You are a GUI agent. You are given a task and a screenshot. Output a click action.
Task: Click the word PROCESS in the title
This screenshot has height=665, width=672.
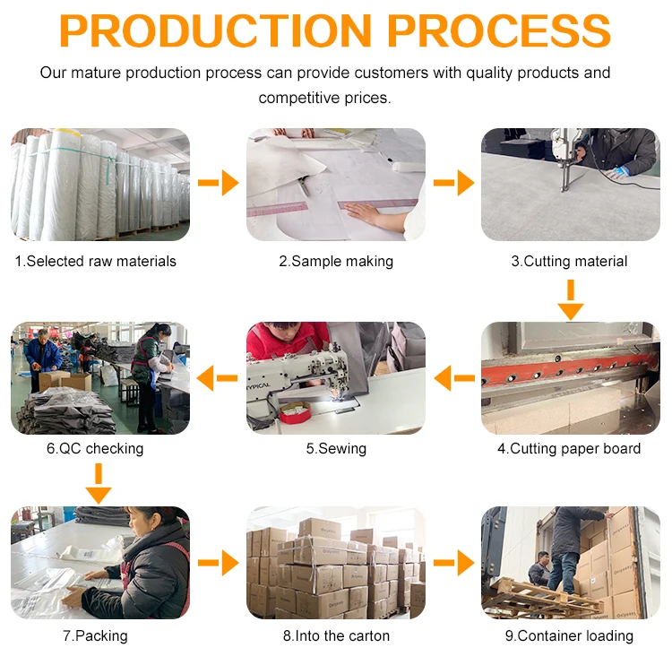(x=502, y=30)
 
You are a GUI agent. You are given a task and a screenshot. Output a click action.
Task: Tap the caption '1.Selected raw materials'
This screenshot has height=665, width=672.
(x=95, y=262)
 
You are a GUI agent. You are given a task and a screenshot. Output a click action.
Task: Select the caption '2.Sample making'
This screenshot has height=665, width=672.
(x=336, y=262)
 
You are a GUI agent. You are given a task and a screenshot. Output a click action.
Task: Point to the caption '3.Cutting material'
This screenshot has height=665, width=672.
(x=569, y=262)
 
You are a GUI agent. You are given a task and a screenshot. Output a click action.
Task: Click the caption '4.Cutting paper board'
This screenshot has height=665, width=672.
(x=569, y=448)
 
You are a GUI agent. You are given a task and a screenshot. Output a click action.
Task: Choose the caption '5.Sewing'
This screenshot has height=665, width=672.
(x=336, y=448)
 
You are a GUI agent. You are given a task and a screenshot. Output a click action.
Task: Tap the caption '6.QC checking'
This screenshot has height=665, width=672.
(x=95, y=448)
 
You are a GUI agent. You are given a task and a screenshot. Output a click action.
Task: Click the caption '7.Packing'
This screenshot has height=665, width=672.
(x=95, y=635)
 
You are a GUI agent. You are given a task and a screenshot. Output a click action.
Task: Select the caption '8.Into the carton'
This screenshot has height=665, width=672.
(x=336, y=635)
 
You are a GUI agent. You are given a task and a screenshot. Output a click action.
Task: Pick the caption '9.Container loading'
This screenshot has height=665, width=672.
(x=569, y=635)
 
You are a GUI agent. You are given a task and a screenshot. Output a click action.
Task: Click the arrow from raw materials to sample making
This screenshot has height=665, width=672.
(x=219, y=184)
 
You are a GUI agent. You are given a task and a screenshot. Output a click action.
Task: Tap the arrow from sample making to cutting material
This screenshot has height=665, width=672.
(x=453, y=184)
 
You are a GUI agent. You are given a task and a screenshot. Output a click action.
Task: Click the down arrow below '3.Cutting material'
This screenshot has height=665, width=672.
(x=570, y=299)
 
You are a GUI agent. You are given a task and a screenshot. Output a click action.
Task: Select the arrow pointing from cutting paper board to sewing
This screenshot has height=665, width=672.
(x=453, y=378)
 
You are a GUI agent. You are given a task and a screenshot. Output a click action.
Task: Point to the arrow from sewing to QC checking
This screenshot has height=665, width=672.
(x=219, y=378)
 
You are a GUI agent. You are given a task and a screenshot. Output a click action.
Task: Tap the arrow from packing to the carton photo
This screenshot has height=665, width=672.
(x=219, y=564)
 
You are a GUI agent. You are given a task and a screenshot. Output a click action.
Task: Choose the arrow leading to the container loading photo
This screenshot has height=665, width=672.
(x=453, y=564)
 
